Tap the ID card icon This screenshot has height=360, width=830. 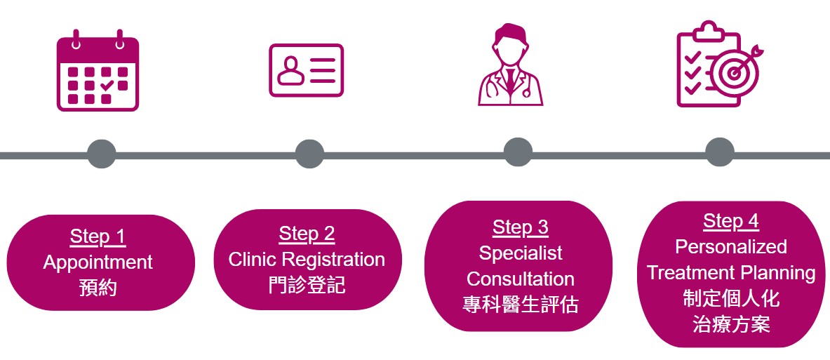(306, 70)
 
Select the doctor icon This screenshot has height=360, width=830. (510, 65)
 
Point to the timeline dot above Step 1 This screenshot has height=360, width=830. (101, 154)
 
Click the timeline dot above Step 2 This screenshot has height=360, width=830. (309, 154)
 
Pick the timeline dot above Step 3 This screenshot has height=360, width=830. (518, 152)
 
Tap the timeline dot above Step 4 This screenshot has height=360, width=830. (720, 152)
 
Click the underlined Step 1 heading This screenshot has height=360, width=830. (98, 237)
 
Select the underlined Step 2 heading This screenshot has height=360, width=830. (307, 234)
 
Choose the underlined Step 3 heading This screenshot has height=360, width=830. (521, 227)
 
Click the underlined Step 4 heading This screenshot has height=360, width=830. (731, 221)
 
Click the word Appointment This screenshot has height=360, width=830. (98, 263)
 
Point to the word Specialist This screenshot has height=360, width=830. (521, 253)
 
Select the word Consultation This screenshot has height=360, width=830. (521, 279)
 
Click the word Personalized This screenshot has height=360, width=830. (731, 247)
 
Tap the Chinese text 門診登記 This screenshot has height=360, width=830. (307, 286)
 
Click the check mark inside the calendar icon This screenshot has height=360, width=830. (107, 85)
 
